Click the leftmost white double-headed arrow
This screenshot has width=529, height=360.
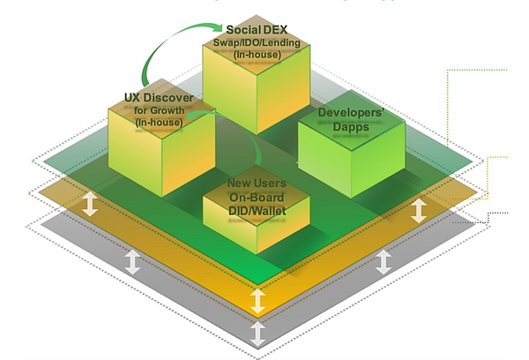click(x=91, y=206)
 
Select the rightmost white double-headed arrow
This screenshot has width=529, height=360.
click(x=420, y=210)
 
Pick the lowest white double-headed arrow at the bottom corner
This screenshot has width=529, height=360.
click(x=257, y=334)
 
